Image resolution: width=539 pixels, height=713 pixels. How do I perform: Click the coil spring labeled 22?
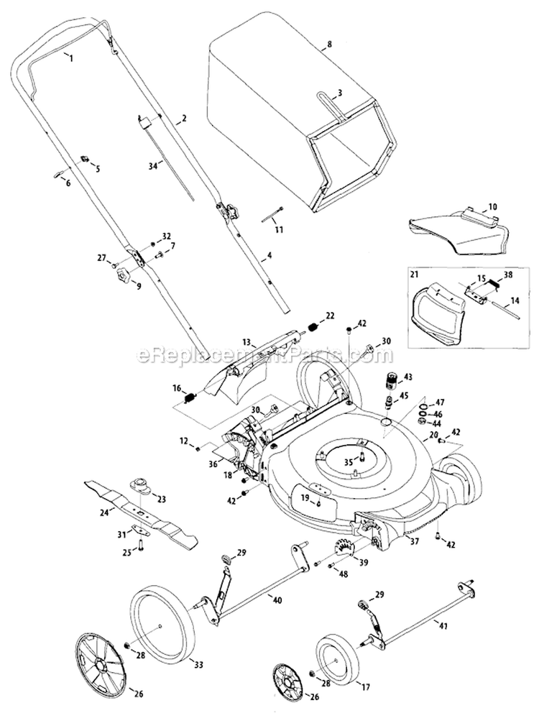(313, 328)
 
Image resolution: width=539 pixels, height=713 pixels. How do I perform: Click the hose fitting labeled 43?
(393, 379)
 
